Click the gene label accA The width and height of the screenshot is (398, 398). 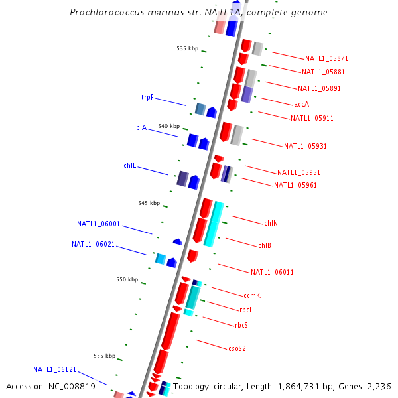pyautogui.click(x=301, y=104)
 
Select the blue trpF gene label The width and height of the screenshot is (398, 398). pyautogui.click(x=147, y=97)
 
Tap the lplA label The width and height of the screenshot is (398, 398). pyautogui.click(x=140, y=127)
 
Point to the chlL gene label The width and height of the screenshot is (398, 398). pyautogui.click(x=129, y=165)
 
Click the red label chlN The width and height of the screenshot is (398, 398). pyautogui.click(x=271, y=223)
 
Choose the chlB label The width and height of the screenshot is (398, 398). pyautogui.click(x=264, y=245)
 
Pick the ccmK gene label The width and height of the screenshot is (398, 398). pyautogui.click(x=252, y=295)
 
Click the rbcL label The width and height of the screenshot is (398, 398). pyautogui.click(x=246, y=310)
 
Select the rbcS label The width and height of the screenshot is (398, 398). pyautogui.click(x=241, y=325)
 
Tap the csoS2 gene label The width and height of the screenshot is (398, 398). pyautogui.click(x=237, y=348)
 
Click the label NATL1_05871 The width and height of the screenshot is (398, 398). pyautogui.click(x=322, y=58)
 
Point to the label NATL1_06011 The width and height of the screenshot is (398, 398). pyautogui.click(x=272, y=272)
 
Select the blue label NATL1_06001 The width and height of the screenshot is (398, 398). pyautogui.click(x=98, y=224)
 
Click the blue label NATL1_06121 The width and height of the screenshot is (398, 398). pyautogui.click(x=54, y=369)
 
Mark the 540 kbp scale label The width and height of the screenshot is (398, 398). pyautogui.click(x=168, y=126)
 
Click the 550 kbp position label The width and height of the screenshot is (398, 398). pyautogui.click(x=127, y=280)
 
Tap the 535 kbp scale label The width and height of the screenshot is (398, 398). pyautogui.click(x=187, y=48)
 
